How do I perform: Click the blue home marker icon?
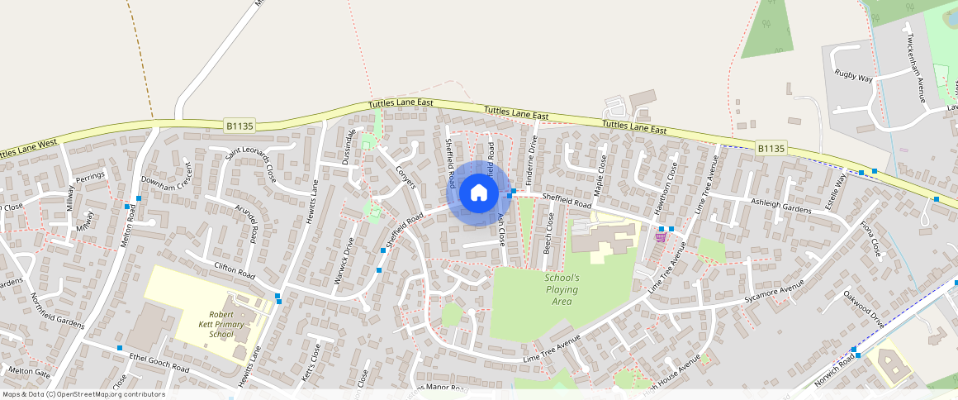pos(478,193)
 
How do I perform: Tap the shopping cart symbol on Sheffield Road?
pos(660,236)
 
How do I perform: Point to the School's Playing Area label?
pos(562,289)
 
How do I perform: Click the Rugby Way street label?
pos(853,77)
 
